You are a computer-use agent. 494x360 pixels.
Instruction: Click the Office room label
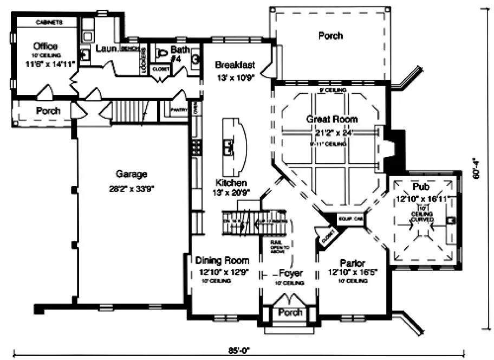[45, 46]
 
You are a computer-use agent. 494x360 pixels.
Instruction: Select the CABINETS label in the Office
[49, 23]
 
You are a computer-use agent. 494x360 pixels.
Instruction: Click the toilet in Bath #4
[160, 53]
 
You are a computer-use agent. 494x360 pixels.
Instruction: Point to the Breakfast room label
[235, 65]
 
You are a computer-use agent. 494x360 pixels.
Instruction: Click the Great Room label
[332, 119]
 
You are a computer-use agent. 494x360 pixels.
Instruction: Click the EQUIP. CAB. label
[350, 218]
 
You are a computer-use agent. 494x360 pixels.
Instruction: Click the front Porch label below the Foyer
[290, 313]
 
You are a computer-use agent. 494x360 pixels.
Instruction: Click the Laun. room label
[107, 48]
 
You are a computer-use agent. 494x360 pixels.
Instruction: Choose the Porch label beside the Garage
[48, 111]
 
